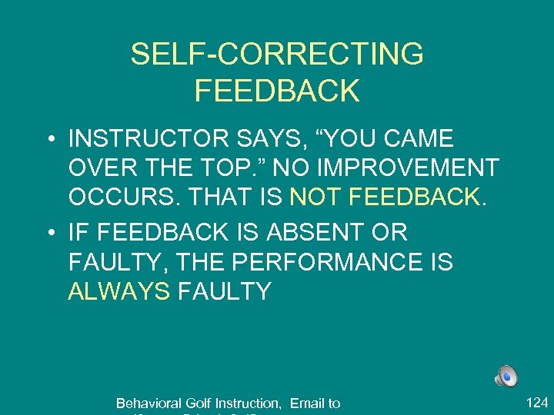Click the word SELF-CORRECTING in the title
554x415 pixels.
(x=277, y=55)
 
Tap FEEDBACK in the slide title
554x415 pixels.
(x=277, y=91)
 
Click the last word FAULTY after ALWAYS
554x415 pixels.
(x=224, y=291)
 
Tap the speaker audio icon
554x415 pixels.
(x=506, y=376)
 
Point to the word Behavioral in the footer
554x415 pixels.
(x=145, y=403)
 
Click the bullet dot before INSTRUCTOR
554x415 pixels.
(x=49, y=141)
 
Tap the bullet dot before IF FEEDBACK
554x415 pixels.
(x=49, y=233)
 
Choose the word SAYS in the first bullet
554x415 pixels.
(x=265, y=139)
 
